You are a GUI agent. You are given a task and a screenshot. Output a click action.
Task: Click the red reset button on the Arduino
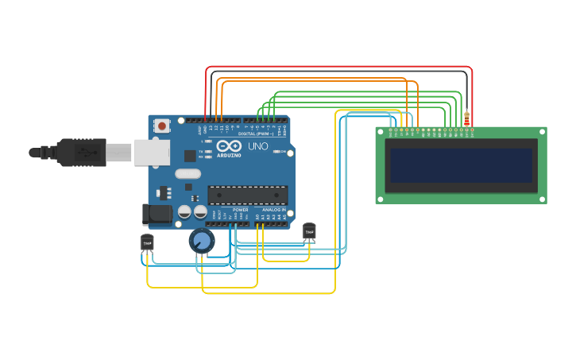(x=162, y=126)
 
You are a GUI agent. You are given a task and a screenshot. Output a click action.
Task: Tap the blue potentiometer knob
(x=202, y=240)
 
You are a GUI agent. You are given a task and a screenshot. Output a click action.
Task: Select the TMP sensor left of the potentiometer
(x=147, y=242)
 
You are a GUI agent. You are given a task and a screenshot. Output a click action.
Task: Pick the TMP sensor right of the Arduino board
(x=309, y=230)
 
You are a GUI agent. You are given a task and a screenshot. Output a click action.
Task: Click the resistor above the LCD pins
(x=466, y=118)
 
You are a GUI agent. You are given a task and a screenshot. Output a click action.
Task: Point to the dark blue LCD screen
(x=461, y=165)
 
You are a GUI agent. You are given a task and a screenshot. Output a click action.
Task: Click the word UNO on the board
(x=258, y=147)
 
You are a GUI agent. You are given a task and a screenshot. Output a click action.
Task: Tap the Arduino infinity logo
(x=227, y=146)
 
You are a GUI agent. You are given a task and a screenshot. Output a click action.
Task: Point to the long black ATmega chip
(x=247, y=195)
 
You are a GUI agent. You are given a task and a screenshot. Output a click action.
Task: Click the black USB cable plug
(x=79, y=151)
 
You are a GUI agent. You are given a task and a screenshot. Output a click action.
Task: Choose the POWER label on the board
(x=240, y=210)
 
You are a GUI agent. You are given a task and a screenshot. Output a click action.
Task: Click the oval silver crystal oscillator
(x=188, y=173)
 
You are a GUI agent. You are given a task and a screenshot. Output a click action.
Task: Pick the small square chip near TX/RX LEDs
(x=191, y=156)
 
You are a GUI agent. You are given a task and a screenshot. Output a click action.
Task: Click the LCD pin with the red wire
(x=472, y=130)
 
